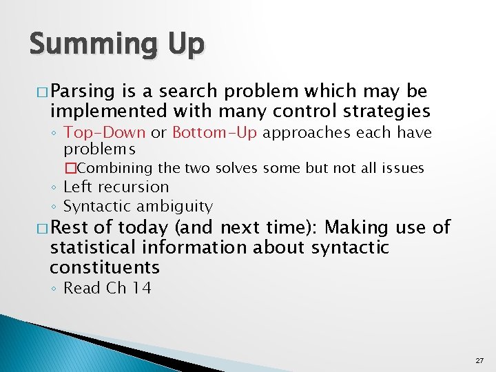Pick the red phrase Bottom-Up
(214, 132)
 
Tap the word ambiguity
(176, 206)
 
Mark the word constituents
(104, 267)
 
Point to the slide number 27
(479, 360)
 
